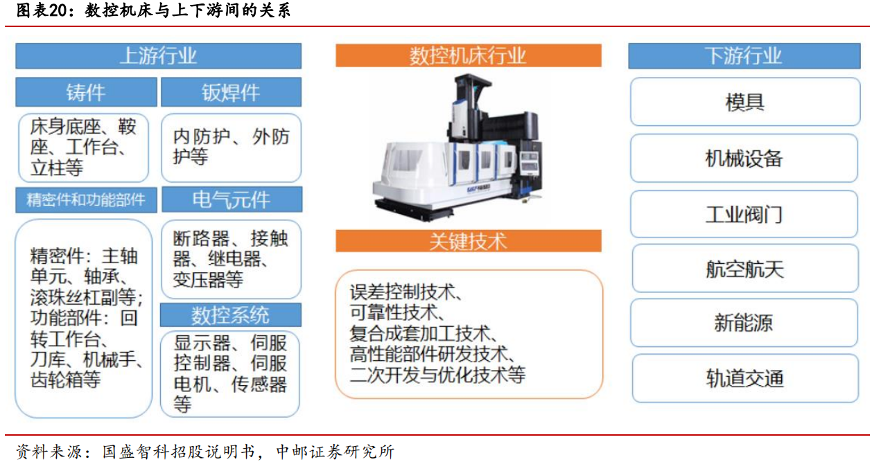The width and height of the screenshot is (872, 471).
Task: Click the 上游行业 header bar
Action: tap(159, 55)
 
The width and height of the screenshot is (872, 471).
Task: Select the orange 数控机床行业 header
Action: tap(469, 55)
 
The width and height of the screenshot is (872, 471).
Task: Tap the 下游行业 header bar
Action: tap(744, 55)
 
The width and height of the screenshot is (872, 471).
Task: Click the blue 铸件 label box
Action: tap(86, 92)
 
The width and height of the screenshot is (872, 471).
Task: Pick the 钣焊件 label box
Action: tap(232, 92)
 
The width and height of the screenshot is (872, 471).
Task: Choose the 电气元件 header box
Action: tap(232, 199)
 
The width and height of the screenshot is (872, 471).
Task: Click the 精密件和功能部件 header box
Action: tap(86, 200)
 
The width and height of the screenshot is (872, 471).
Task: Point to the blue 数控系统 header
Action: tap(230, 314)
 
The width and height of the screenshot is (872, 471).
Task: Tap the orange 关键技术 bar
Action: tap(469, 241)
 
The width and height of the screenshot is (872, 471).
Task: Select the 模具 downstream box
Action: tap(745, 102)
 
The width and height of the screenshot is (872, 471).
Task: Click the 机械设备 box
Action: tap(744, 158)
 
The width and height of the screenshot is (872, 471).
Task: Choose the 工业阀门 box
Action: tap(744, 214)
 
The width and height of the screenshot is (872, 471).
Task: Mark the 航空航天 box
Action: tap(745, 268)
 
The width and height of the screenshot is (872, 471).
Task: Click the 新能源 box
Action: tap(744, 323)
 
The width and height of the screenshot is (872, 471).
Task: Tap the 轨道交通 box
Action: tap(745, 378)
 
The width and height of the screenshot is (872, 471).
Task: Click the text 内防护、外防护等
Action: tap(232, 147)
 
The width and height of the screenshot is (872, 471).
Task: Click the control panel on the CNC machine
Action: tap(529, 161)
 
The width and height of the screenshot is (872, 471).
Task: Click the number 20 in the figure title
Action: tap(58, 10)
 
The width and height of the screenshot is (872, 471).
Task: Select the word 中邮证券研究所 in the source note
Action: tap(335, 452)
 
